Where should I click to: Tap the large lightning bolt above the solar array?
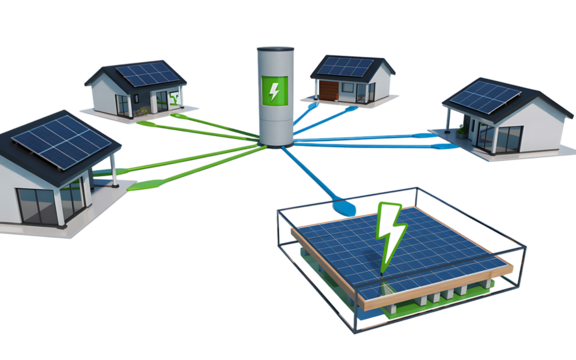pyautogui.click(x=389, y=235)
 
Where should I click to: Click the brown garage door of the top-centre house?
pyautogui.click(x=329, y=92)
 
